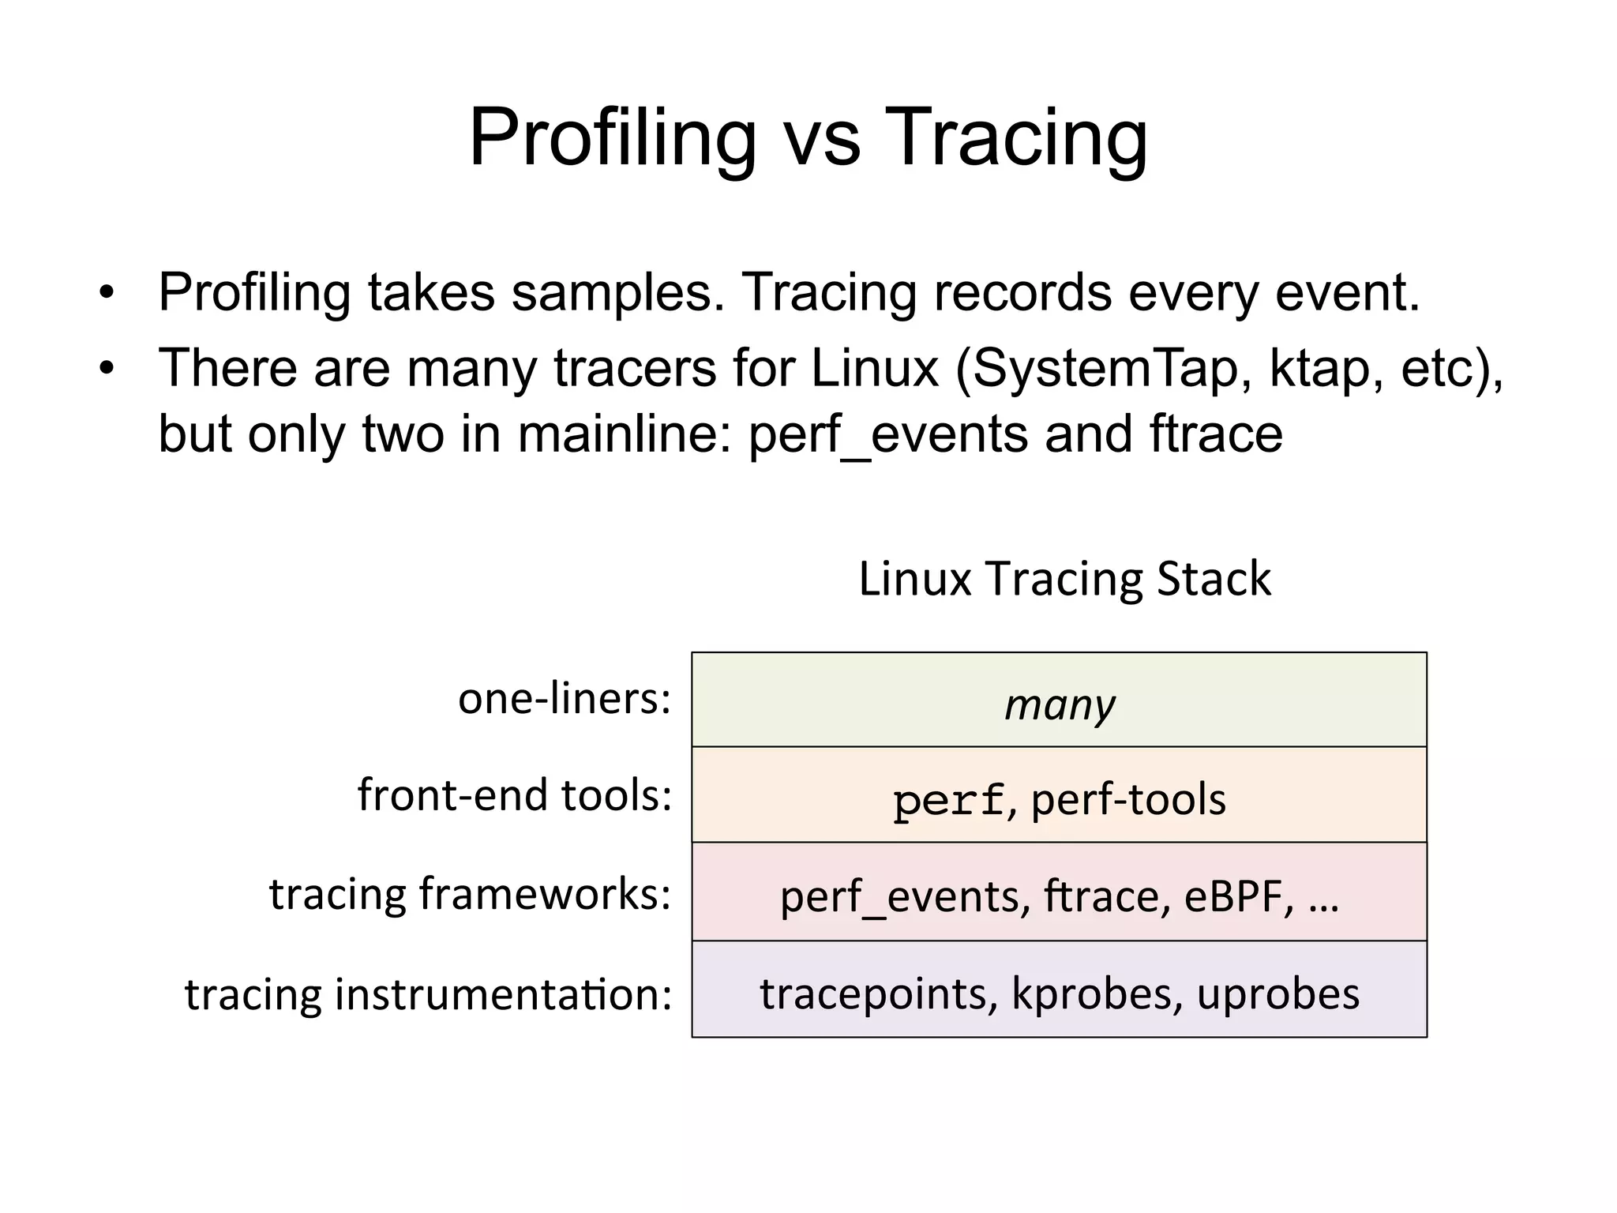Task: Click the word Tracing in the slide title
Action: [x=1015, y=138]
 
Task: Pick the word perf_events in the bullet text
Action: [x=888, y=434]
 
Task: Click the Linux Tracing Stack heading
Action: [x=1064, y=579]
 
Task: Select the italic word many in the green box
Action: [x=1060, y=704]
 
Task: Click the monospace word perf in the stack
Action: [x=948, y=801]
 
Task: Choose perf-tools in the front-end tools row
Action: [x=1128, y=799]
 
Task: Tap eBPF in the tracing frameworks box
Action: [x=1238, y=896]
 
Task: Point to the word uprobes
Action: [x=1278, y=993]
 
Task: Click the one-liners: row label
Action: [x=564, y=699]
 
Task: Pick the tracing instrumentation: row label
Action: [x=428, y=993]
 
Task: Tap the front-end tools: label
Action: [x=514, y=795]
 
